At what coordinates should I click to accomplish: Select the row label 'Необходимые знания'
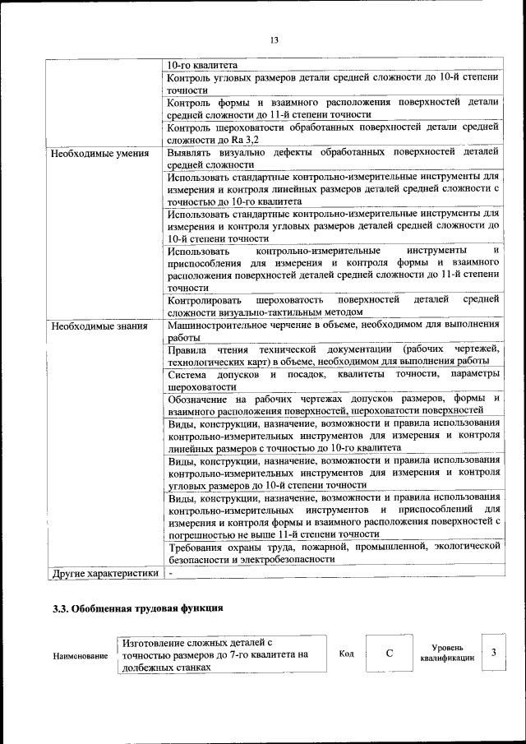click(x=99, y=326)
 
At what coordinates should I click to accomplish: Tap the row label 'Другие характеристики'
click(x=104, y=573)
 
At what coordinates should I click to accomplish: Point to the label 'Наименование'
click(x=80, y=656)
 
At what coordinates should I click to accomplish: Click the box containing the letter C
click(x=389, y=654)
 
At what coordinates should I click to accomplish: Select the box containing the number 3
click(x=493, y=653)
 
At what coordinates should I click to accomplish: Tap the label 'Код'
click(x=346, y=654)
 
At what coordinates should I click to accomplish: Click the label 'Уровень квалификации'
click(x=446, y=654)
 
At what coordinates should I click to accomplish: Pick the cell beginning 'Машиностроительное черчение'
click(x=333, y=331)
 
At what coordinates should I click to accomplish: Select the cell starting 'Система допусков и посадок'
click(x=333, y=380)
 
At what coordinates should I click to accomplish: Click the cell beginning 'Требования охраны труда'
click(x=333, y=552)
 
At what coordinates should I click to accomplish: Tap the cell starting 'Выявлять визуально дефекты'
click(x=333, y=159)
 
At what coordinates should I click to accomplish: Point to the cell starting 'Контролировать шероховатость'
click(x=333, y=306)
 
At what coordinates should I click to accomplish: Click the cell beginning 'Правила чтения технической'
click(x=333, y=355)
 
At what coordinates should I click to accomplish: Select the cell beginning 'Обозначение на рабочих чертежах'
click(x=333, y=404)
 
